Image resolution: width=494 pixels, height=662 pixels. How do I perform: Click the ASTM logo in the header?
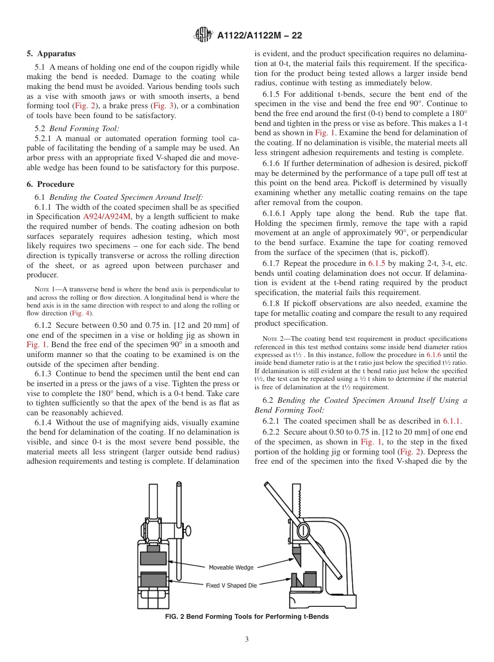(203, 35)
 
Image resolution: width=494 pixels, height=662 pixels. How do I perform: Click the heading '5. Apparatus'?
(51, 54)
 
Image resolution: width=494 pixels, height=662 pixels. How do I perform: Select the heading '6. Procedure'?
(50, 184)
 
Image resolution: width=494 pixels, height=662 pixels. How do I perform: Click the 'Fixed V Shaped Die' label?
(231, 585)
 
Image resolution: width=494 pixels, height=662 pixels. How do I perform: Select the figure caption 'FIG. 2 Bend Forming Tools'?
(246, 617)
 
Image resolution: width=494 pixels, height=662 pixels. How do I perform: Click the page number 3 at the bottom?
(247, 640)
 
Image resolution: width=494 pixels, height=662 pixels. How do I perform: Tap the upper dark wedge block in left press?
(153, 558)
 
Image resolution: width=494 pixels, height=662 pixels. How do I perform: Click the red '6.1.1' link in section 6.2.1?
(452, 421)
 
